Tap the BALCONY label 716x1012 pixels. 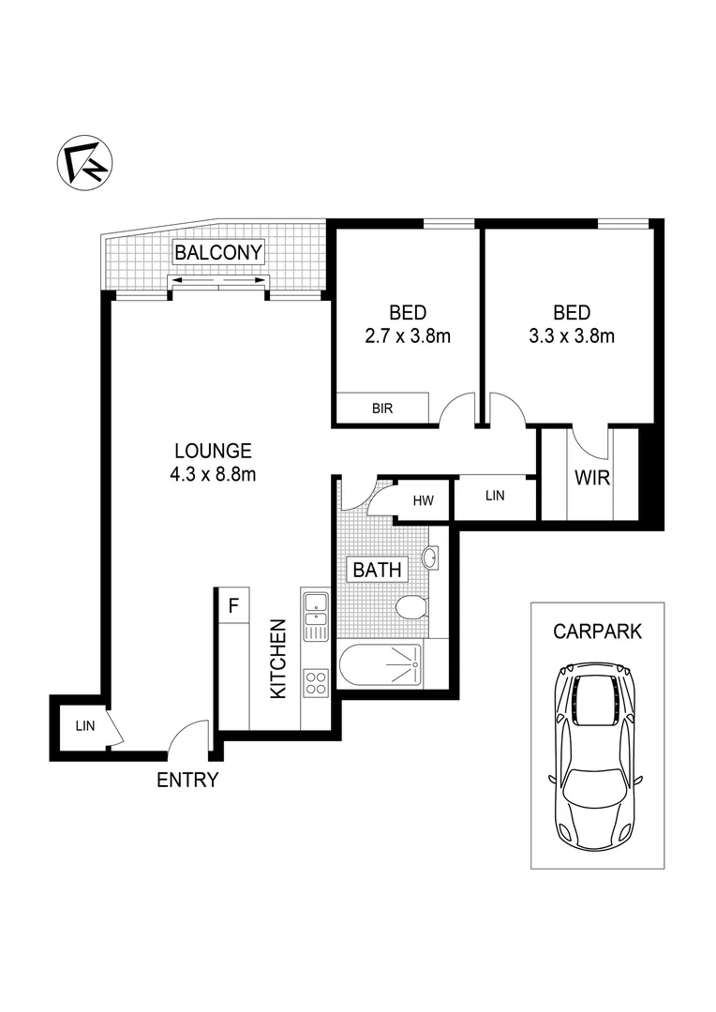pyautogui.click(x=219, y=252)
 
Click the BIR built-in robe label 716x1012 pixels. pyautogui.click(x=381, y=409)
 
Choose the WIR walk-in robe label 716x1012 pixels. pyautogui.click(x=591, y=478)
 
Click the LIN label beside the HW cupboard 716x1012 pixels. pyautogui.click(x=495, y=496)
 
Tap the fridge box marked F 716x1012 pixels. pyautogui.click(x=233, y=604)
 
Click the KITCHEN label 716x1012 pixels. pyautogui.click(x=278, y=659)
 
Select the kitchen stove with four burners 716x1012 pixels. pyautogui.click(x=316, y=684)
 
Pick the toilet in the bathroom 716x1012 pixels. pyautogui.click(x=410, y=610)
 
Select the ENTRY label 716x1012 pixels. pyautogui.click(x=187, y=780)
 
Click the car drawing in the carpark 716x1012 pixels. pyautogui.click(x=597, y=752)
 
